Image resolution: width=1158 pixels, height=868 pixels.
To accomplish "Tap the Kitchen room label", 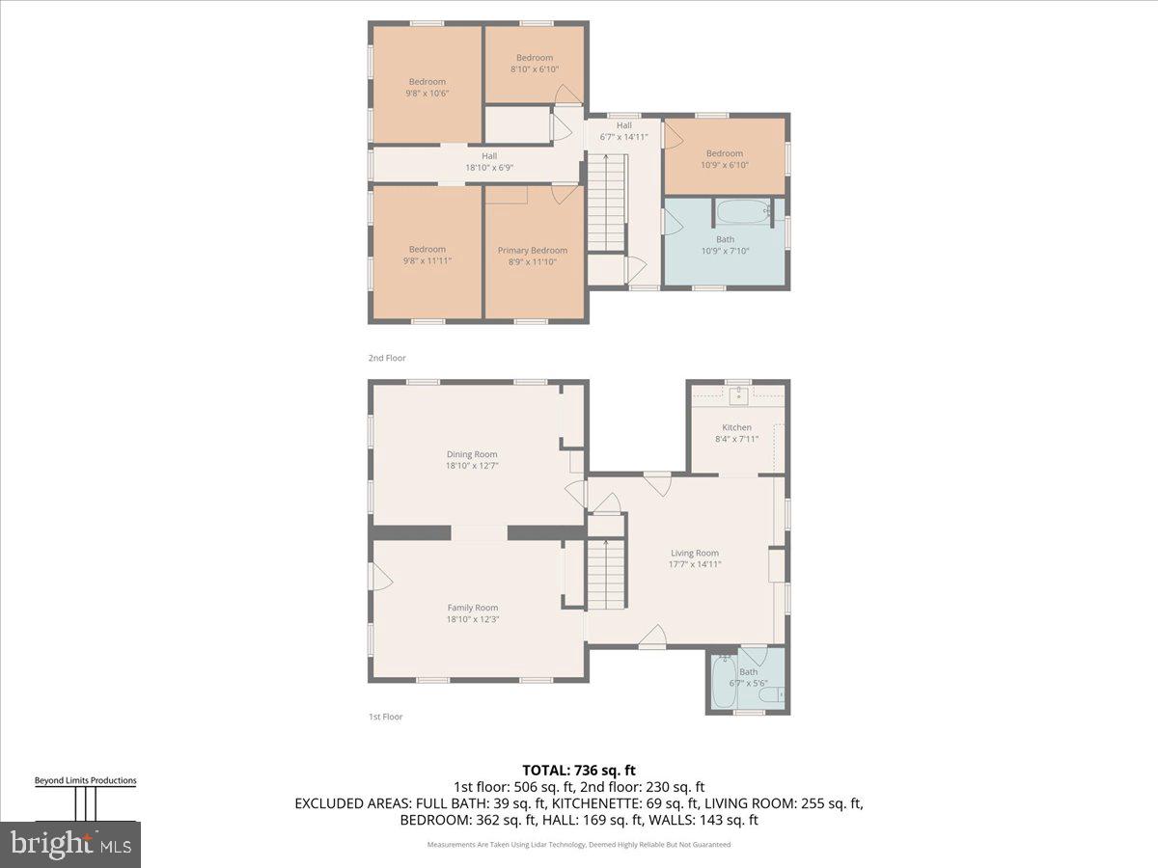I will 737,427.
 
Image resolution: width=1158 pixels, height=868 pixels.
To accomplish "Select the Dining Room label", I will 472,454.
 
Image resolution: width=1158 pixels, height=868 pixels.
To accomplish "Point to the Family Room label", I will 473,608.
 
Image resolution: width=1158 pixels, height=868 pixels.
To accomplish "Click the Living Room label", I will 695,554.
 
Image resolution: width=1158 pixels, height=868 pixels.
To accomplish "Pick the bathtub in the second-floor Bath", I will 742,209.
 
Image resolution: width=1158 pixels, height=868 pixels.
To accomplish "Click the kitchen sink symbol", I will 738,393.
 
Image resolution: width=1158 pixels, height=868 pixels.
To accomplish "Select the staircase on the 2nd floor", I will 607,205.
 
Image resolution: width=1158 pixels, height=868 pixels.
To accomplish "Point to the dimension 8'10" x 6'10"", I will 534,69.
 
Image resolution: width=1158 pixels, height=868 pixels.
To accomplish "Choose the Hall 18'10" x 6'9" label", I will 489,161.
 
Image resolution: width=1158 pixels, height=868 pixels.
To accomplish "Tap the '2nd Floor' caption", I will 387,358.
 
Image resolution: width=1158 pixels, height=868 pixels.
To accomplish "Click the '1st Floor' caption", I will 385,717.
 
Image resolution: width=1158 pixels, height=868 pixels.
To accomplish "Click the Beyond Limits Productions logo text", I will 85,780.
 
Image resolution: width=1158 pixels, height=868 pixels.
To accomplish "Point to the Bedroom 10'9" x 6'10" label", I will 725,159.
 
